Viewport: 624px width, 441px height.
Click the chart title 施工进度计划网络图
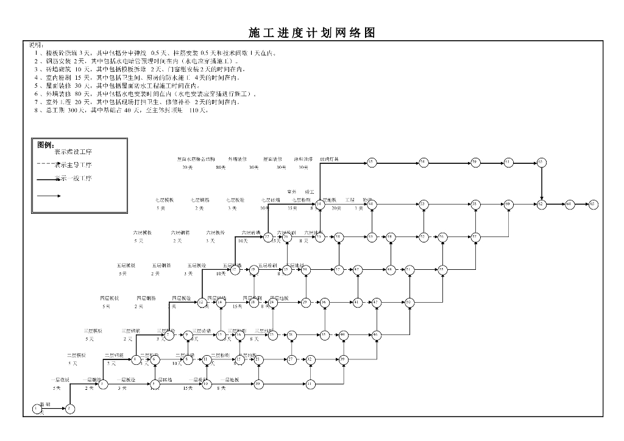click(311, 33)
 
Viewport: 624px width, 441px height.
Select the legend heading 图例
click(45, 145)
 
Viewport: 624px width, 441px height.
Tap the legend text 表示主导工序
click(73, 164)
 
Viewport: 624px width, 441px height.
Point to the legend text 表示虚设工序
click(73, 151)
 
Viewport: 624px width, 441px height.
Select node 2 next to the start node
click(69, 409)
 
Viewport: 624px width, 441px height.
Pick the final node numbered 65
click(593, 204)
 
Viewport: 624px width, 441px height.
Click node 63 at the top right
click(541, 162)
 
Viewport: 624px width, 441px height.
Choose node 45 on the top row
click(371, 162)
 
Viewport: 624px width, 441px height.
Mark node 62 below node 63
click(541, 204)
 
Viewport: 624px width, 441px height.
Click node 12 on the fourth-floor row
click(201, 302)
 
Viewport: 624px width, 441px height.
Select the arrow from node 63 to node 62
click(541, 183)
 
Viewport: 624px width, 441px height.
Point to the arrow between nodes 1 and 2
click(53, 409)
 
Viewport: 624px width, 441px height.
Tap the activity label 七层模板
click(165, 199)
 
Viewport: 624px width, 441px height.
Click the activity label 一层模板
click(60, 379)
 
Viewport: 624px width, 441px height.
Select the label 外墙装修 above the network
click(238, 159)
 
